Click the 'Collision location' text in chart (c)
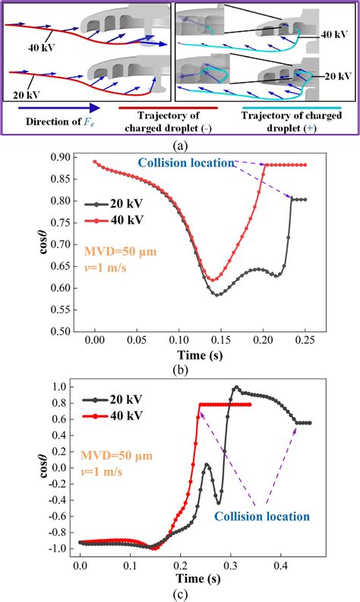(261, 517)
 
